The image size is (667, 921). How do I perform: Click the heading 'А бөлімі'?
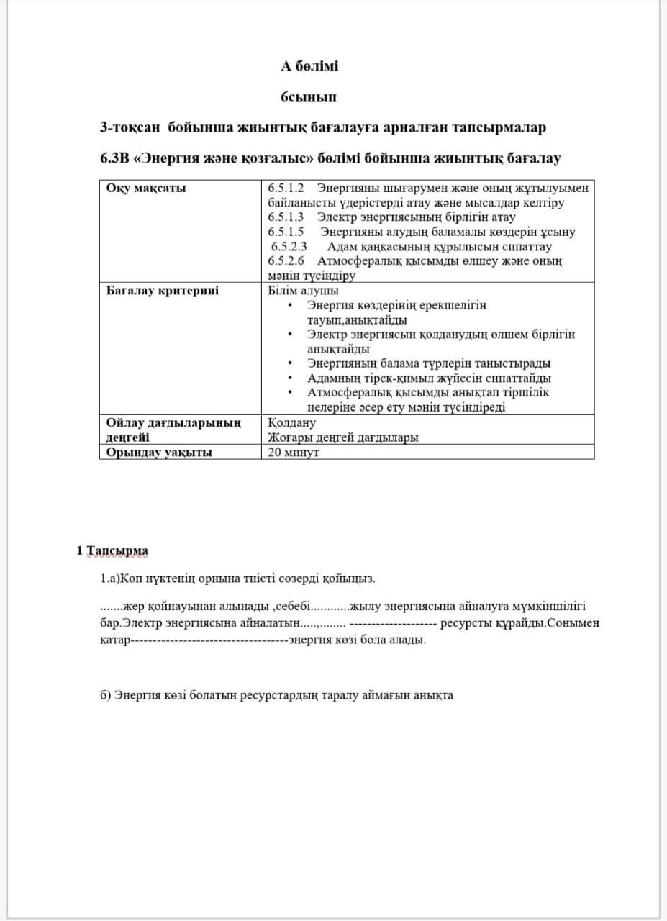pyautogui.click(x=309, y=66)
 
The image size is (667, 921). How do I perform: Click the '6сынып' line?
pyautogui.click(x=309, y=96)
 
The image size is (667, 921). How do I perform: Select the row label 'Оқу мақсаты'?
pyautogui.click(x=146, y=188)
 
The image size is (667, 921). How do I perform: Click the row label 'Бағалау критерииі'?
pyautogui.click(x=163, y=291)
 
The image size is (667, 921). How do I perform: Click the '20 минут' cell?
pyautogui.click(x=293, y=453)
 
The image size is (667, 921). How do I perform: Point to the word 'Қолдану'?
pyautogui.click(x=291, y=423)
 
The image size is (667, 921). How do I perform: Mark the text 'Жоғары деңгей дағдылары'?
pyautogui.click(x=343, y=437)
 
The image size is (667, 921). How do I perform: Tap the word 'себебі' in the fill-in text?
pyautogui.click(x=291, y=607)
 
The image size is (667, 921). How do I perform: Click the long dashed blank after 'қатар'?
pyautogui.click(x=209, y=639)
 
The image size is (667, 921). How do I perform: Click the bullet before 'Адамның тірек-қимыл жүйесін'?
pyautogui.click(x=289, y=378)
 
